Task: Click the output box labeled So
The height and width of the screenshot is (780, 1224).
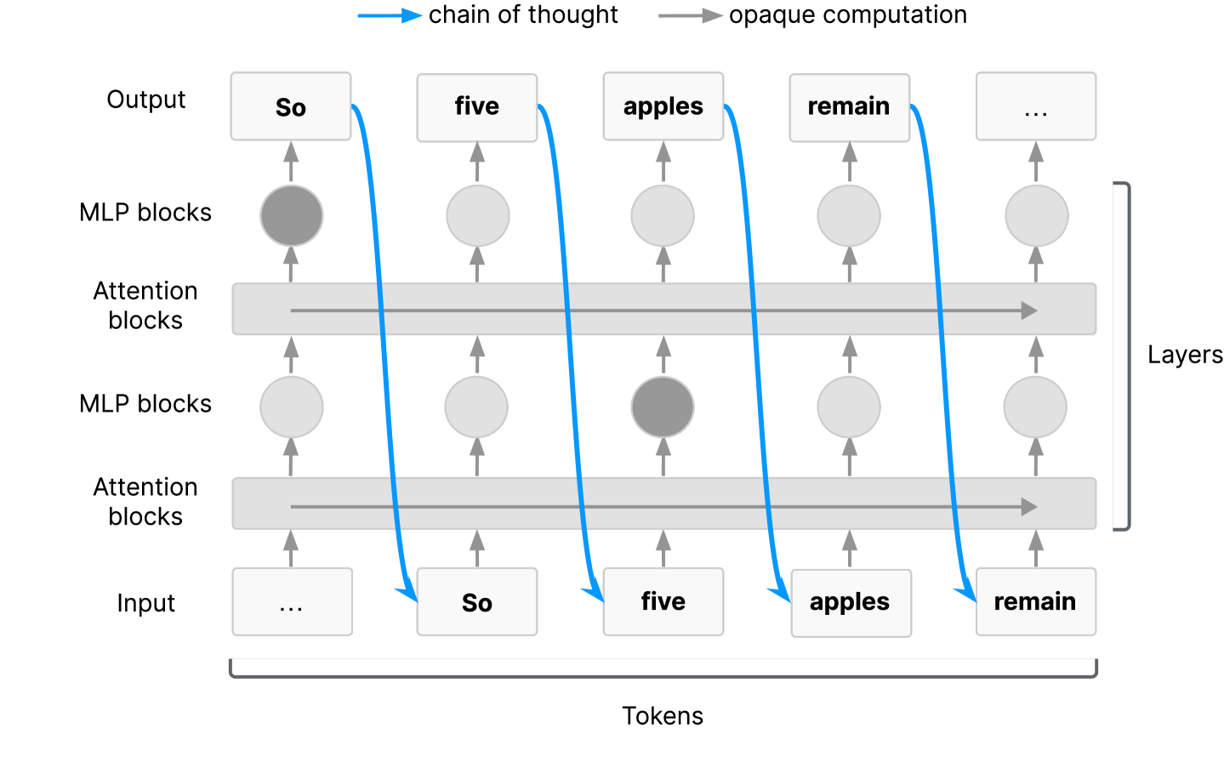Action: coord(291,106)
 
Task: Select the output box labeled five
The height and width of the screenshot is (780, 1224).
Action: coord(477,108)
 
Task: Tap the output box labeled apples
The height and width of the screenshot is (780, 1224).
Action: coord(663,106)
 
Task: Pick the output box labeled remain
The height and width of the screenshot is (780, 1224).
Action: coord(850,108)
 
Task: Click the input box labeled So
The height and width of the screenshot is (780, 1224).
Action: coord(477,602)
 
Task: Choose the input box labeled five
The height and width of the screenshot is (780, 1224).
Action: coord(663,602)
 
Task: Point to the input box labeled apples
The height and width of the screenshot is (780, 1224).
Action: coord(851,603)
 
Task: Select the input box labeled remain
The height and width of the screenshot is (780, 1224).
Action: coord(1036,602)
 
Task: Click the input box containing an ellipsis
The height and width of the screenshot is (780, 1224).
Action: coord(293,602)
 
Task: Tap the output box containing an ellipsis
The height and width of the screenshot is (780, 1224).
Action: coord(1036,106)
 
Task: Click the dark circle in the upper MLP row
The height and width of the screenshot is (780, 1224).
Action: coord(292,216)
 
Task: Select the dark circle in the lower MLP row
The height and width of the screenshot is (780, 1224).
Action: coord(663,407)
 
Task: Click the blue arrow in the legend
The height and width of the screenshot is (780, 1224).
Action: coord(390,16)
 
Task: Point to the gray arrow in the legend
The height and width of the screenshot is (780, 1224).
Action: coord(691,16)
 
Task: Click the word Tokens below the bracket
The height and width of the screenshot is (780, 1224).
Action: coord(663,716)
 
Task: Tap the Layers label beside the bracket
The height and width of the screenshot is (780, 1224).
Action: coord(1185,356)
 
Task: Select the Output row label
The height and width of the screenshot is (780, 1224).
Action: coord(146,100)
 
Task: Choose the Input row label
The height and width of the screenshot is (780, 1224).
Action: coord(146,603)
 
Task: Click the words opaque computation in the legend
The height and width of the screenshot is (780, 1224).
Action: coord(848,15)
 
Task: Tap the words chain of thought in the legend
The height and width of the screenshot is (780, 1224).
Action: coord(523,14)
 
